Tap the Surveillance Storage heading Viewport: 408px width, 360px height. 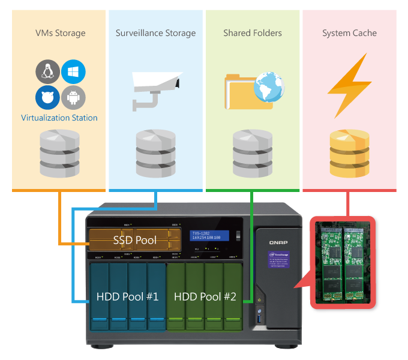coord(155,33)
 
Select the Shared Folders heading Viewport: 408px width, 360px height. coord(252,33)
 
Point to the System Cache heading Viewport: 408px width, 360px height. coord(349,33)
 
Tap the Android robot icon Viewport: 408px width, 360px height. coord(73,97)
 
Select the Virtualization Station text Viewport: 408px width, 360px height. coord(59,118)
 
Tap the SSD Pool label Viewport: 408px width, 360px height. coord(135,241)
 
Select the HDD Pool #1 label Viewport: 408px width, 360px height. coord(127,296)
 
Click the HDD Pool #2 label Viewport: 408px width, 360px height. coord(205,296)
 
